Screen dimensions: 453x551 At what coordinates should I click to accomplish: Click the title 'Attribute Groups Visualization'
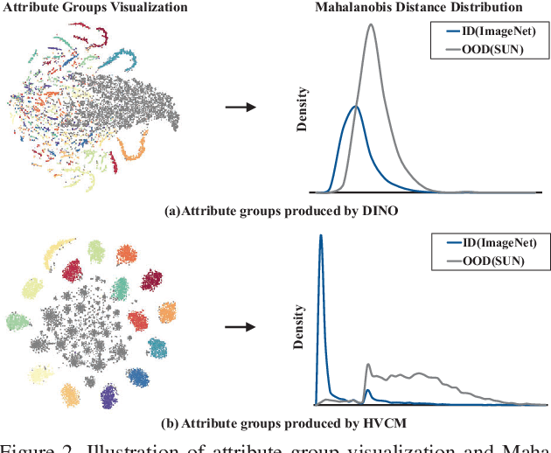[x=96, y=8]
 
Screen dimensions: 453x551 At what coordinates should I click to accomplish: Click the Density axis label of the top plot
[x=302, y=108]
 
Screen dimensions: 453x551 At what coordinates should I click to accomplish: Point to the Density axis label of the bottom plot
[x=302, y=325]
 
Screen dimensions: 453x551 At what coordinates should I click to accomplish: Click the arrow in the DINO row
[x=241, y=108]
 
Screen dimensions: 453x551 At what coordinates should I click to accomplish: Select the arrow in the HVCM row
[x=241, y=328]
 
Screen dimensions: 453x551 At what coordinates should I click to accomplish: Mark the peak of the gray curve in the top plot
[x=371, y=24]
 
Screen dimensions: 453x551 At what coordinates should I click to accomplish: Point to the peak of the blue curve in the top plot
[x=354, y=107]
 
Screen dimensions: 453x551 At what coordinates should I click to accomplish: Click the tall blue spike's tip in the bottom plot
[x=321, y=235]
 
